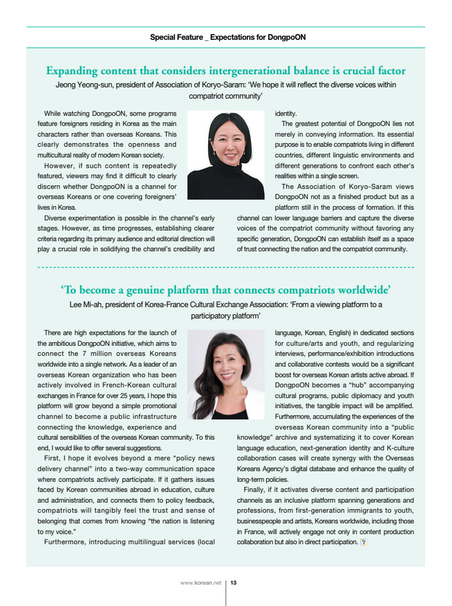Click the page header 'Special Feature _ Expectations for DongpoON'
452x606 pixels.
pyautogui.click(x=228, y=37)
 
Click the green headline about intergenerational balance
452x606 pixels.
pyautogui.click(x=226, y=71)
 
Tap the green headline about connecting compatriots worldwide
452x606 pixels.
pyautogui.click(x=225, y=290)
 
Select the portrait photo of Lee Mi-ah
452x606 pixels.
pyautogui.click(x=226, y=374)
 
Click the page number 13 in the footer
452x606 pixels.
pyautogui.click(x=234, y=583)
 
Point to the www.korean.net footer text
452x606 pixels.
pyautogui.click(x=200, y=583)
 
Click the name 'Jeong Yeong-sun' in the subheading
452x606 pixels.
pyautogui.click(x=82, y=85)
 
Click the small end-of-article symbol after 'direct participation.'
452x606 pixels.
pyautogui.click(x=364, y=542)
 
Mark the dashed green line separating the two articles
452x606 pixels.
pyautogui.click(x=225, y=268)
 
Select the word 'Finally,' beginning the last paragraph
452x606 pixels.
pyautogui.click(x=255, y=490)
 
